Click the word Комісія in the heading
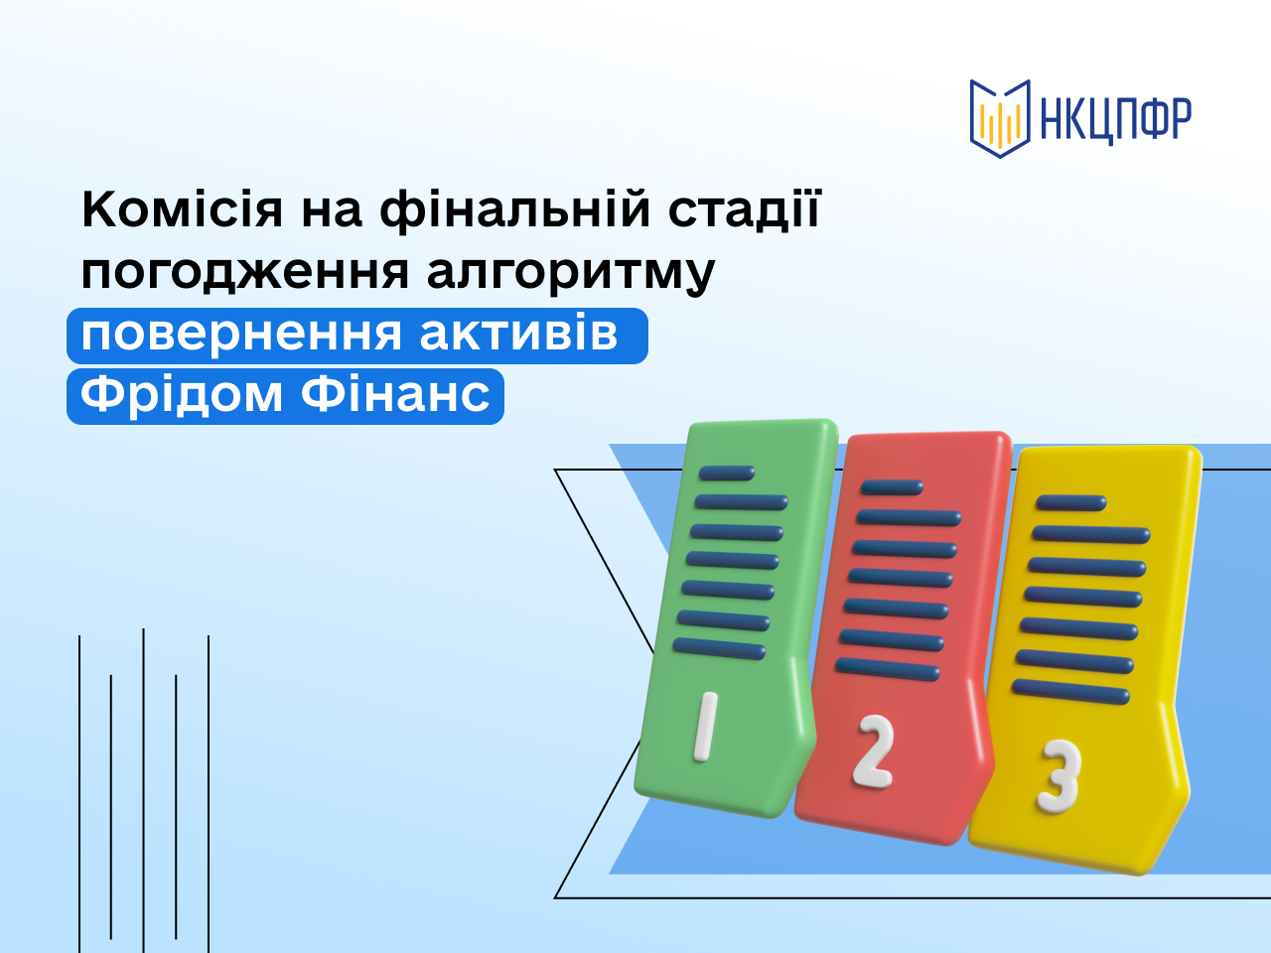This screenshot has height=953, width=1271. click(183, 208)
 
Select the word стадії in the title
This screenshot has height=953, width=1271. click(745, 209)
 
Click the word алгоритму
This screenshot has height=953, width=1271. click(571, 273)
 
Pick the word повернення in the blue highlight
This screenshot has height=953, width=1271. click(241, 336)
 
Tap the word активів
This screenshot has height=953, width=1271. click(518, 335)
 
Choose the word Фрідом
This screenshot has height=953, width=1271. click(182, 396)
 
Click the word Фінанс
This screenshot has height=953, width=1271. click(395, 395)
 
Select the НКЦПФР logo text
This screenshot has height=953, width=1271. click(1115, 119)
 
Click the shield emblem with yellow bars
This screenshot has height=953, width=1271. click(1000, 118)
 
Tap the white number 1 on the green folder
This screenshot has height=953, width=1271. click(705, 727)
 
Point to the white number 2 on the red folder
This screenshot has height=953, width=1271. click(874, 752)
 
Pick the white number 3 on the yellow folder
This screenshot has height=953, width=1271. click(1059, 776)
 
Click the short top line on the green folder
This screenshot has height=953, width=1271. click(727, 474)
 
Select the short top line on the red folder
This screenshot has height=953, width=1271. click(892, 487)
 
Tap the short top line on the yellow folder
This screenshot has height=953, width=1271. click(1071, 503)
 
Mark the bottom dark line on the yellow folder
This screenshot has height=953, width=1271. click(1070, 692)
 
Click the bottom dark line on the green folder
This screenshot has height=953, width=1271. click(719, 648)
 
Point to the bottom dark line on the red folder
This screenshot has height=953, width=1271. click(887, 669)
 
